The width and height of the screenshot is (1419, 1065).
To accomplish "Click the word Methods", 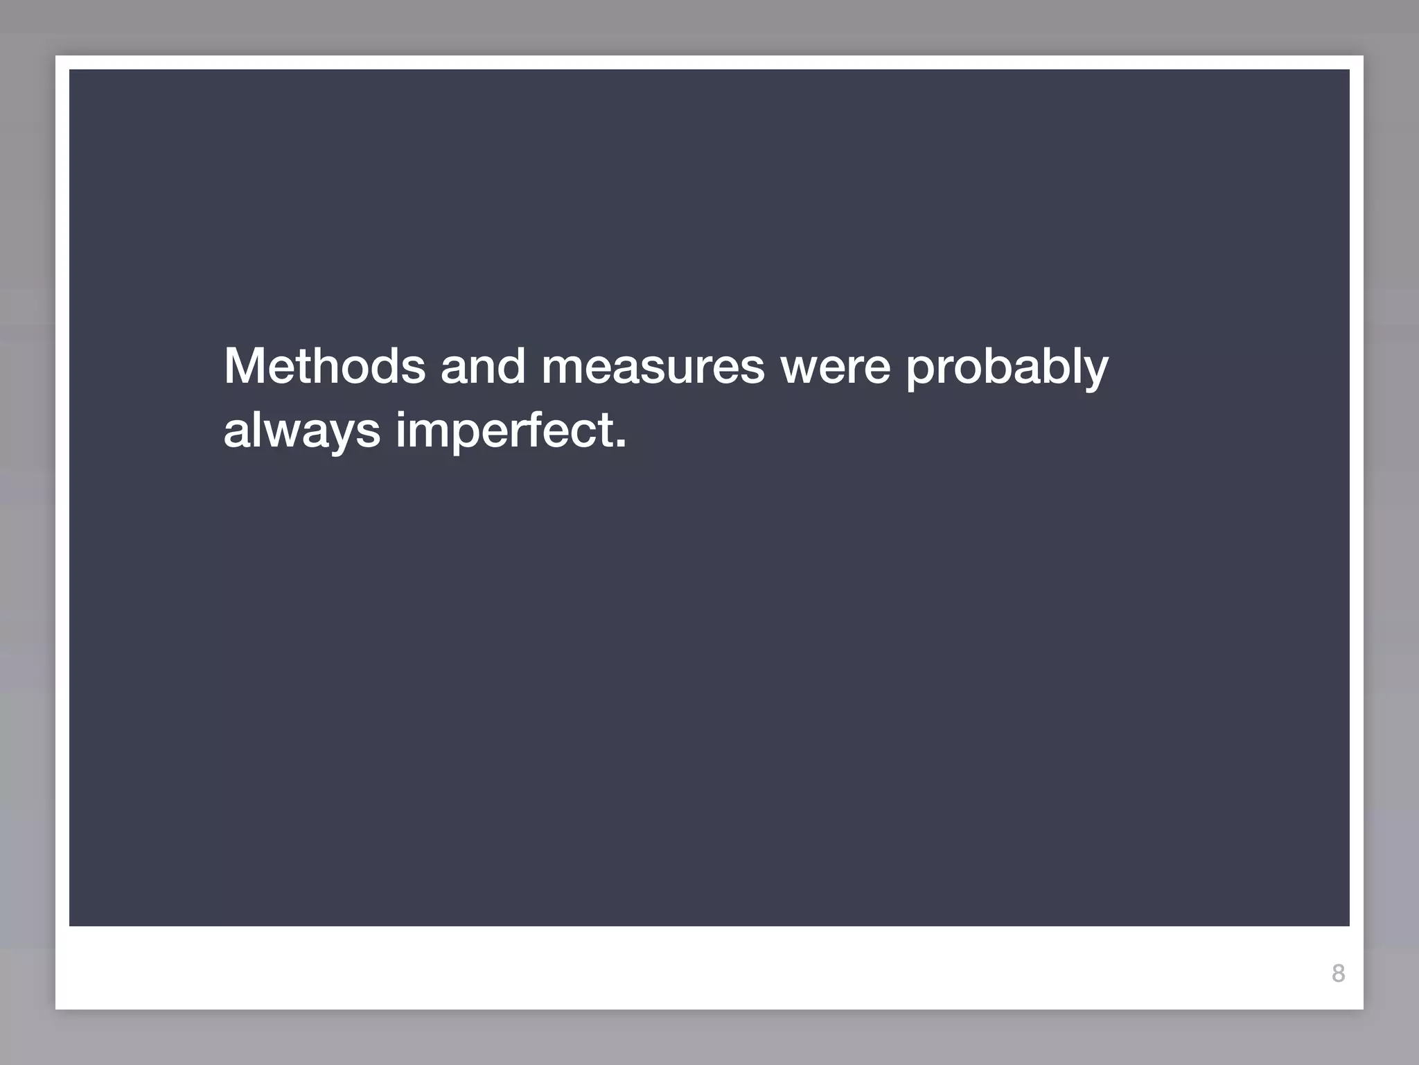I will pos(324,366).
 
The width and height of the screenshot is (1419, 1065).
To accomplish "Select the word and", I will pos(483,366).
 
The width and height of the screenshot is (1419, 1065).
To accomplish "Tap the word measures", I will pos(653,366).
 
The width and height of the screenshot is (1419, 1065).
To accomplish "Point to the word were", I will pos(836,366).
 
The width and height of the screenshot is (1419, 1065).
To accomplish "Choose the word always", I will pos(301,431).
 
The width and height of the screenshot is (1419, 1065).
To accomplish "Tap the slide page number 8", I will pos(1338,973).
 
